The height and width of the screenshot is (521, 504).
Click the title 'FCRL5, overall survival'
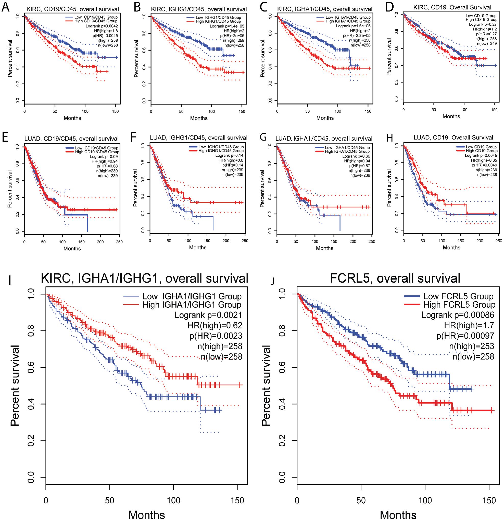click(395, 278)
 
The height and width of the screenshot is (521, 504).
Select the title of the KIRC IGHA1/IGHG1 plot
click(144, 278)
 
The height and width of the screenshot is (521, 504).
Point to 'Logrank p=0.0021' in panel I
click(208, 315)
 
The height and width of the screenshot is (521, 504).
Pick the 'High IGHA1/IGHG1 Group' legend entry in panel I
click(192, 305)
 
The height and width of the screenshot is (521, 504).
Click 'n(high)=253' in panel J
click(472, 346)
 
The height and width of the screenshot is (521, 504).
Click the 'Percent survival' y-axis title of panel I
click(15, 386)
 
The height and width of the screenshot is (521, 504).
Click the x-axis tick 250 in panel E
click(119, 242)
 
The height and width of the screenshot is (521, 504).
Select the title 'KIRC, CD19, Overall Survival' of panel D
click(452, 7)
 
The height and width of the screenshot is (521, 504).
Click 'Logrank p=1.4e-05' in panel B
click(227, 26)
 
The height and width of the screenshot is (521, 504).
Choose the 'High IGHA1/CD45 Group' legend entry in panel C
click(348, 21)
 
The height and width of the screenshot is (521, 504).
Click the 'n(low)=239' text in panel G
click(360, 175)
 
